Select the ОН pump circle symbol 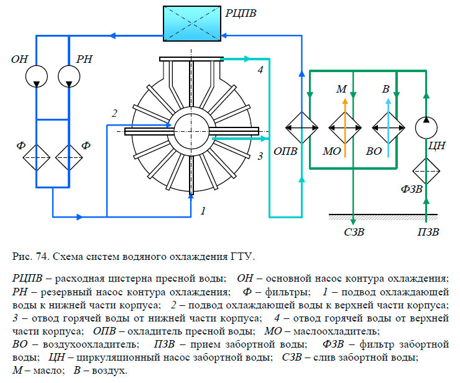click(x=37, y=76)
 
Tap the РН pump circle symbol click(x=70, y=76)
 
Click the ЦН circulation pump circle click(x=426, y=127)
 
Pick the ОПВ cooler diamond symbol click(x=301, y=127)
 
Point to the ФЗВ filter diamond click(x=426, y=168)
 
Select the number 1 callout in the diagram click(x=203, y=211)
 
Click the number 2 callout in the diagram click(x=114, y=113)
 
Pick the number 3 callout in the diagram click(x=261, y=155)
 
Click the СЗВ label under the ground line click(x=354, y=233)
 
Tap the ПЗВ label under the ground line click(x=428, y=233)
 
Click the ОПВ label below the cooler click(x=285, y=152)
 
